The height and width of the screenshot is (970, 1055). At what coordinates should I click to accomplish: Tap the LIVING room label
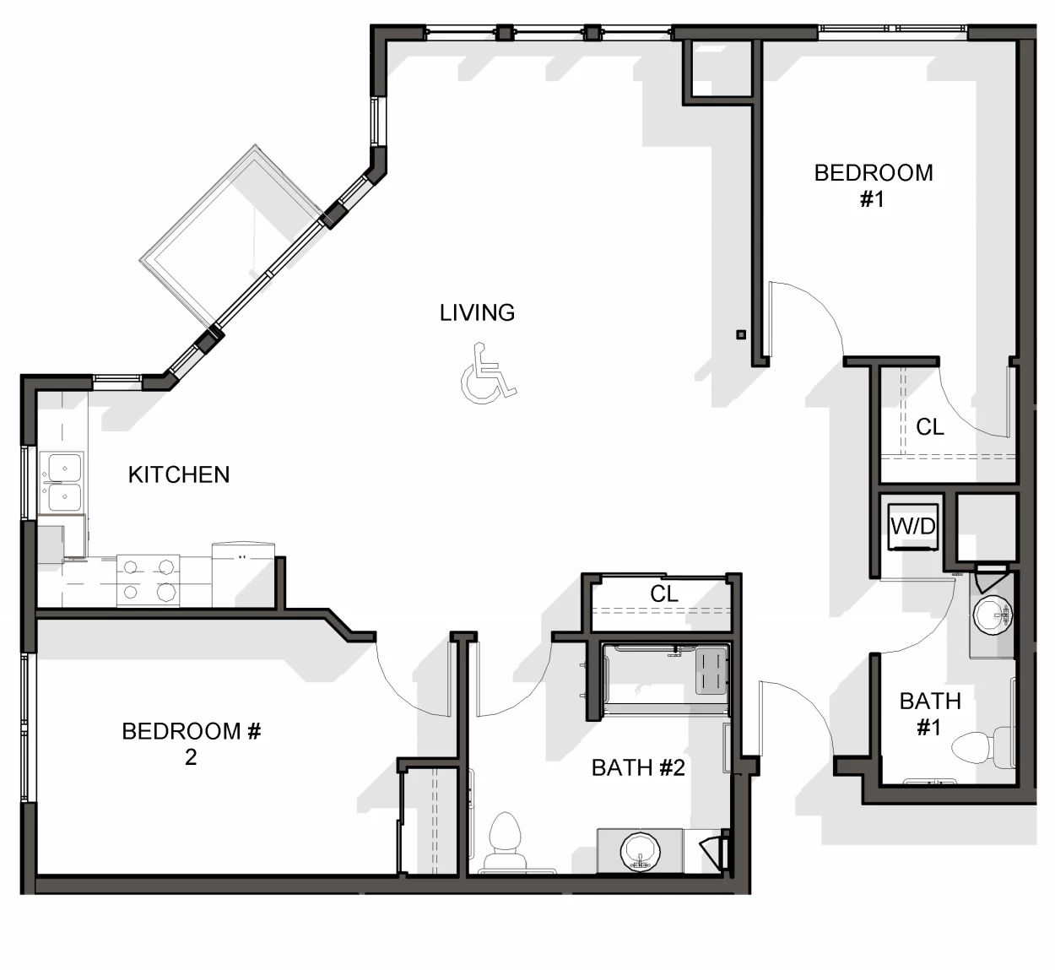click(477, 313)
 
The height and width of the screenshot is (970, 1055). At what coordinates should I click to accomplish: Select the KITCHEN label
click(179, 475)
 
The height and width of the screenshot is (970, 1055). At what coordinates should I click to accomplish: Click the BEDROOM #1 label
click(874, 186)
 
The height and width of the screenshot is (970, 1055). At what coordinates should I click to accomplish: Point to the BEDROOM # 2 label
click(192, 744)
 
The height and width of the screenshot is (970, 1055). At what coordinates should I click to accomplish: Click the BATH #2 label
click(638, 768)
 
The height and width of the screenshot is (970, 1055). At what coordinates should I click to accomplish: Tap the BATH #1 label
click(930, 714)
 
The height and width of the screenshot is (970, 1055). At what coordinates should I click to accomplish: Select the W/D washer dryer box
click(913, 527)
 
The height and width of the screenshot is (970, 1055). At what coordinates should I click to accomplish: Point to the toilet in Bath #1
click(981, 747)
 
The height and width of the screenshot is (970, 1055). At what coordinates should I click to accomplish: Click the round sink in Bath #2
click(640, 852)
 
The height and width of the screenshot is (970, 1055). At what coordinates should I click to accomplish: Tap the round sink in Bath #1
click(993, 615)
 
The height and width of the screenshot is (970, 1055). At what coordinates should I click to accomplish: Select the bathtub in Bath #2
click(665, 679)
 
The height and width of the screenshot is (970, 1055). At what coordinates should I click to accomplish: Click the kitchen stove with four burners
click(149, 581)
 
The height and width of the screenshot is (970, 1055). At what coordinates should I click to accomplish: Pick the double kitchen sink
click(62, 482)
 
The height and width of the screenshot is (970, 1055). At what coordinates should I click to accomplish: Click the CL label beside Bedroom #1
click(930, 427)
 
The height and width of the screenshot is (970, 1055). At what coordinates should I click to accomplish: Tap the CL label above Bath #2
click(663, 593)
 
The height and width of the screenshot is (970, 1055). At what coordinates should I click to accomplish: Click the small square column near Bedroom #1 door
click(741, 334)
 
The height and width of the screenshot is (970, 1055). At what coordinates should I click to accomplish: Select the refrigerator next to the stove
click(243, 575)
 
